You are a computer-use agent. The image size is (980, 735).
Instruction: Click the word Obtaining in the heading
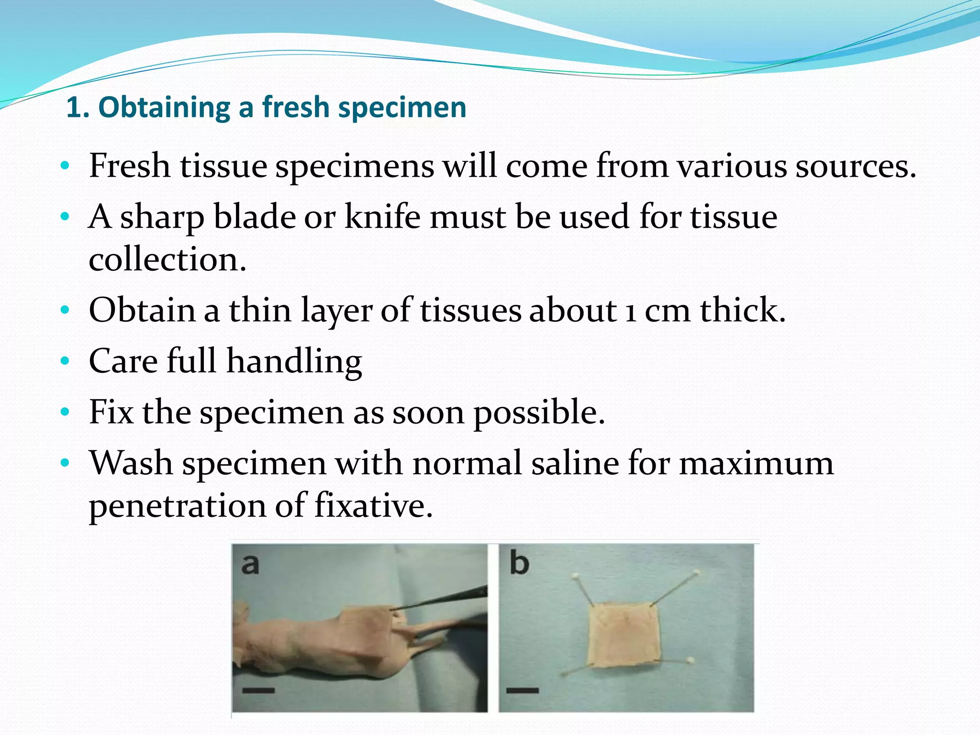tap(164, 107)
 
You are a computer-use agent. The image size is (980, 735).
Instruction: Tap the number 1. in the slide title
tap(78, 107)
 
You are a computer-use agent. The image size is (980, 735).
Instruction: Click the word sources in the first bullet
tap(855, 166)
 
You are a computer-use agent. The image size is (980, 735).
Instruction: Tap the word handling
tap(294, 361)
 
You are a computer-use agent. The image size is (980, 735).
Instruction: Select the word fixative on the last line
tap(373, 505)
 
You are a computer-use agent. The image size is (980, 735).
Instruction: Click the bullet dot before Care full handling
tap(65, 361)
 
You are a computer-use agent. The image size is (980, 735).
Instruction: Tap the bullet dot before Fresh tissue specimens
tap(65, 166)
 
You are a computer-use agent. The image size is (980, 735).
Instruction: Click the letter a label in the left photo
tap(250, 564)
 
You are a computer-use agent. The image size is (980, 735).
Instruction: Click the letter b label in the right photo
tap(519, 563)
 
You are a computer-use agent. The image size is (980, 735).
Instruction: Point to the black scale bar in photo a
tap(258, 690)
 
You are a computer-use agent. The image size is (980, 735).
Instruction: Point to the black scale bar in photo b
tap(523, 690)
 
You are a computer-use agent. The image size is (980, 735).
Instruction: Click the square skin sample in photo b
tap(624, 634)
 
